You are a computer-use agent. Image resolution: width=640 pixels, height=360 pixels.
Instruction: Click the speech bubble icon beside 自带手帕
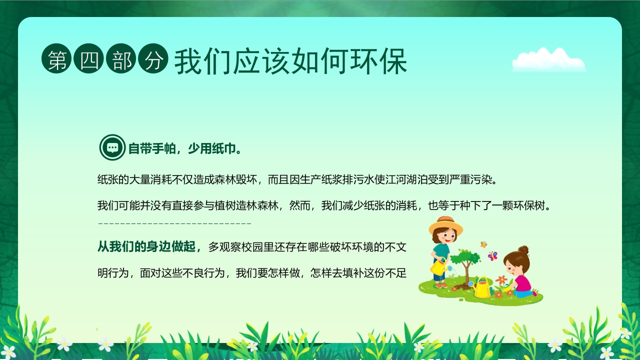(x=112, y=147)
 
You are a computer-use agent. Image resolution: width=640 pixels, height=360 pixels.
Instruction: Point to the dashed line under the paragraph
(x=174, y=223)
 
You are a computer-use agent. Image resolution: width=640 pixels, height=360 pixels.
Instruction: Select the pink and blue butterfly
(x=492, y=256)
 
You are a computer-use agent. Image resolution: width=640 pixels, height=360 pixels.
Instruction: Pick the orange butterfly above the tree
(x=483, y=244)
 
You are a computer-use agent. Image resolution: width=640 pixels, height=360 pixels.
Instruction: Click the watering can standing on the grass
(x=482, y=288)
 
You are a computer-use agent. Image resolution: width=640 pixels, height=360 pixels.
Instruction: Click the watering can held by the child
(x=438, y=267)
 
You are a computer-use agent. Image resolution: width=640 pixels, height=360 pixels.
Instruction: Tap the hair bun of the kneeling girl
(x=523, y=249)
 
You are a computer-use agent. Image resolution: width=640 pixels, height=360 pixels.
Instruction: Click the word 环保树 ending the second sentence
(x=531, y=205)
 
